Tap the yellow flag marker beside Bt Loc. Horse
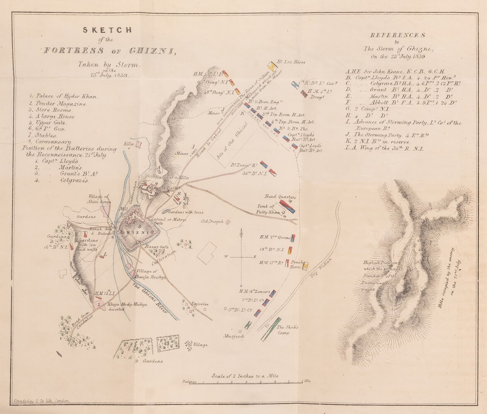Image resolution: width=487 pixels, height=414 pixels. click(x=273, y=66)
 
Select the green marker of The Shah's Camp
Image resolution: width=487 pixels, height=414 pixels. click(x=271, y=329)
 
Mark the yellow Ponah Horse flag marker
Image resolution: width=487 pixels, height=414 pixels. click(x=305, y=266)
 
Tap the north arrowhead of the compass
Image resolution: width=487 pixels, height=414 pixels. click(x=241, y=230)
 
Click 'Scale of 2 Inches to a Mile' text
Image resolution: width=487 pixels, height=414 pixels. click(x=245, y=376)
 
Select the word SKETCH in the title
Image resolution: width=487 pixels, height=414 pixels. click(x=107, y=30)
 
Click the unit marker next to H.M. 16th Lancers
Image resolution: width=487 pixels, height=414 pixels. click(x=274, y=293)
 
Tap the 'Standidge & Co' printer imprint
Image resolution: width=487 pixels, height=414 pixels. click(x=42, y=401)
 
